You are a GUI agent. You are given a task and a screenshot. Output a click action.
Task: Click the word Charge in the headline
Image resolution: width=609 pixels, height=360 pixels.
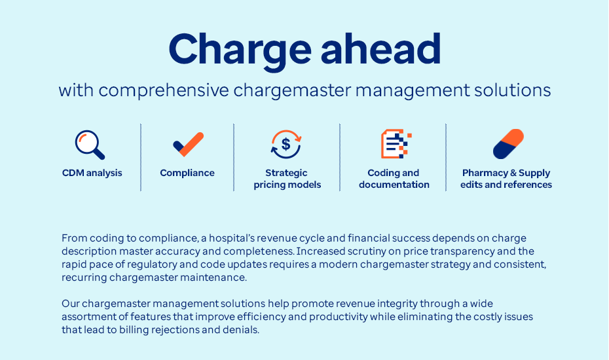pyautogui.click(x=240, y=50)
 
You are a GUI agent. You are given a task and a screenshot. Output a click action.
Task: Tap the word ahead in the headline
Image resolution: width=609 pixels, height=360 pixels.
pyautogui.click(x=381, y=49)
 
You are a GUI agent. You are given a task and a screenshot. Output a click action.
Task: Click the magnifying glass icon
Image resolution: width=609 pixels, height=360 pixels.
pyautogui.click(x=90, y=145)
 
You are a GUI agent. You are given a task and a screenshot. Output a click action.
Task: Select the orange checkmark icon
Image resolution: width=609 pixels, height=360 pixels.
pyautogui.click(x=189, y=145)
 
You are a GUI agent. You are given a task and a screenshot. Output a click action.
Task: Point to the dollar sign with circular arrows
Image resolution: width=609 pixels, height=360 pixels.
pyautogui.click(x=286, y=144)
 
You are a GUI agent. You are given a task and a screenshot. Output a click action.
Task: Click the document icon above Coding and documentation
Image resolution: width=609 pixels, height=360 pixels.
pyautogui.click(x=396, y=144)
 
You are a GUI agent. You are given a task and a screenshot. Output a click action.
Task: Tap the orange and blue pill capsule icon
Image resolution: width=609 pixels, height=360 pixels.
pyautogui.click(x=508, y=144)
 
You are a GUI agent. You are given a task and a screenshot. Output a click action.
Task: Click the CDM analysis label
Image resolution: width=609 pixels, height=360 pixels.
pyautogui.click(x=92, y=173)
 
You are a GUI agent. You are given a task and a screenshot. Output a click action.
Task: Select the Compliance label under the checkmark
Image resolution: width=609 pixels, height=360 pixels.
pyautogui.click(x=187, y=173)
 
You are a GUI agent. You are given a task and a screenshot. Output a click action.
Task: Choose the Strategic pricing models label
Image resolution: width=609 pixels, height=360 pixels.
pyautogui.click(x=287, y=179)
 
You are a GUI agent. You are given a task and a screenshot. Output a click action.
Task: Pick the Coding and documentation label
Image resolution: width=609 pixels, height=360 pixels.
pyautogui.click(x=394, y=179)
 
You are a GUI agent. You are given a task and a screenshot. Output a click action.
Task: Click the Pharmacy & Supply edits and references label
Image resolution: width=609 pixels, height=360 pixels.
pyautogui.click(x=506, y=179)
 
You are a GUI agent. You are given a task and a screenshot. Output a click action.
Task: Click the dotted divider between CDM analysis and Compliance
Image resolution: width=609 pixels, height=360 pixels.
pyautogui.click(x=141, y=157)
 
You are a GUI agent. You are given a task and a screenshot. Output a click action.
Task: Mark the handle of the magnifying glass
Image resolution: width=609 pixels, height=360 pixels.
pyautogui.click(x=99, y=154)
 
